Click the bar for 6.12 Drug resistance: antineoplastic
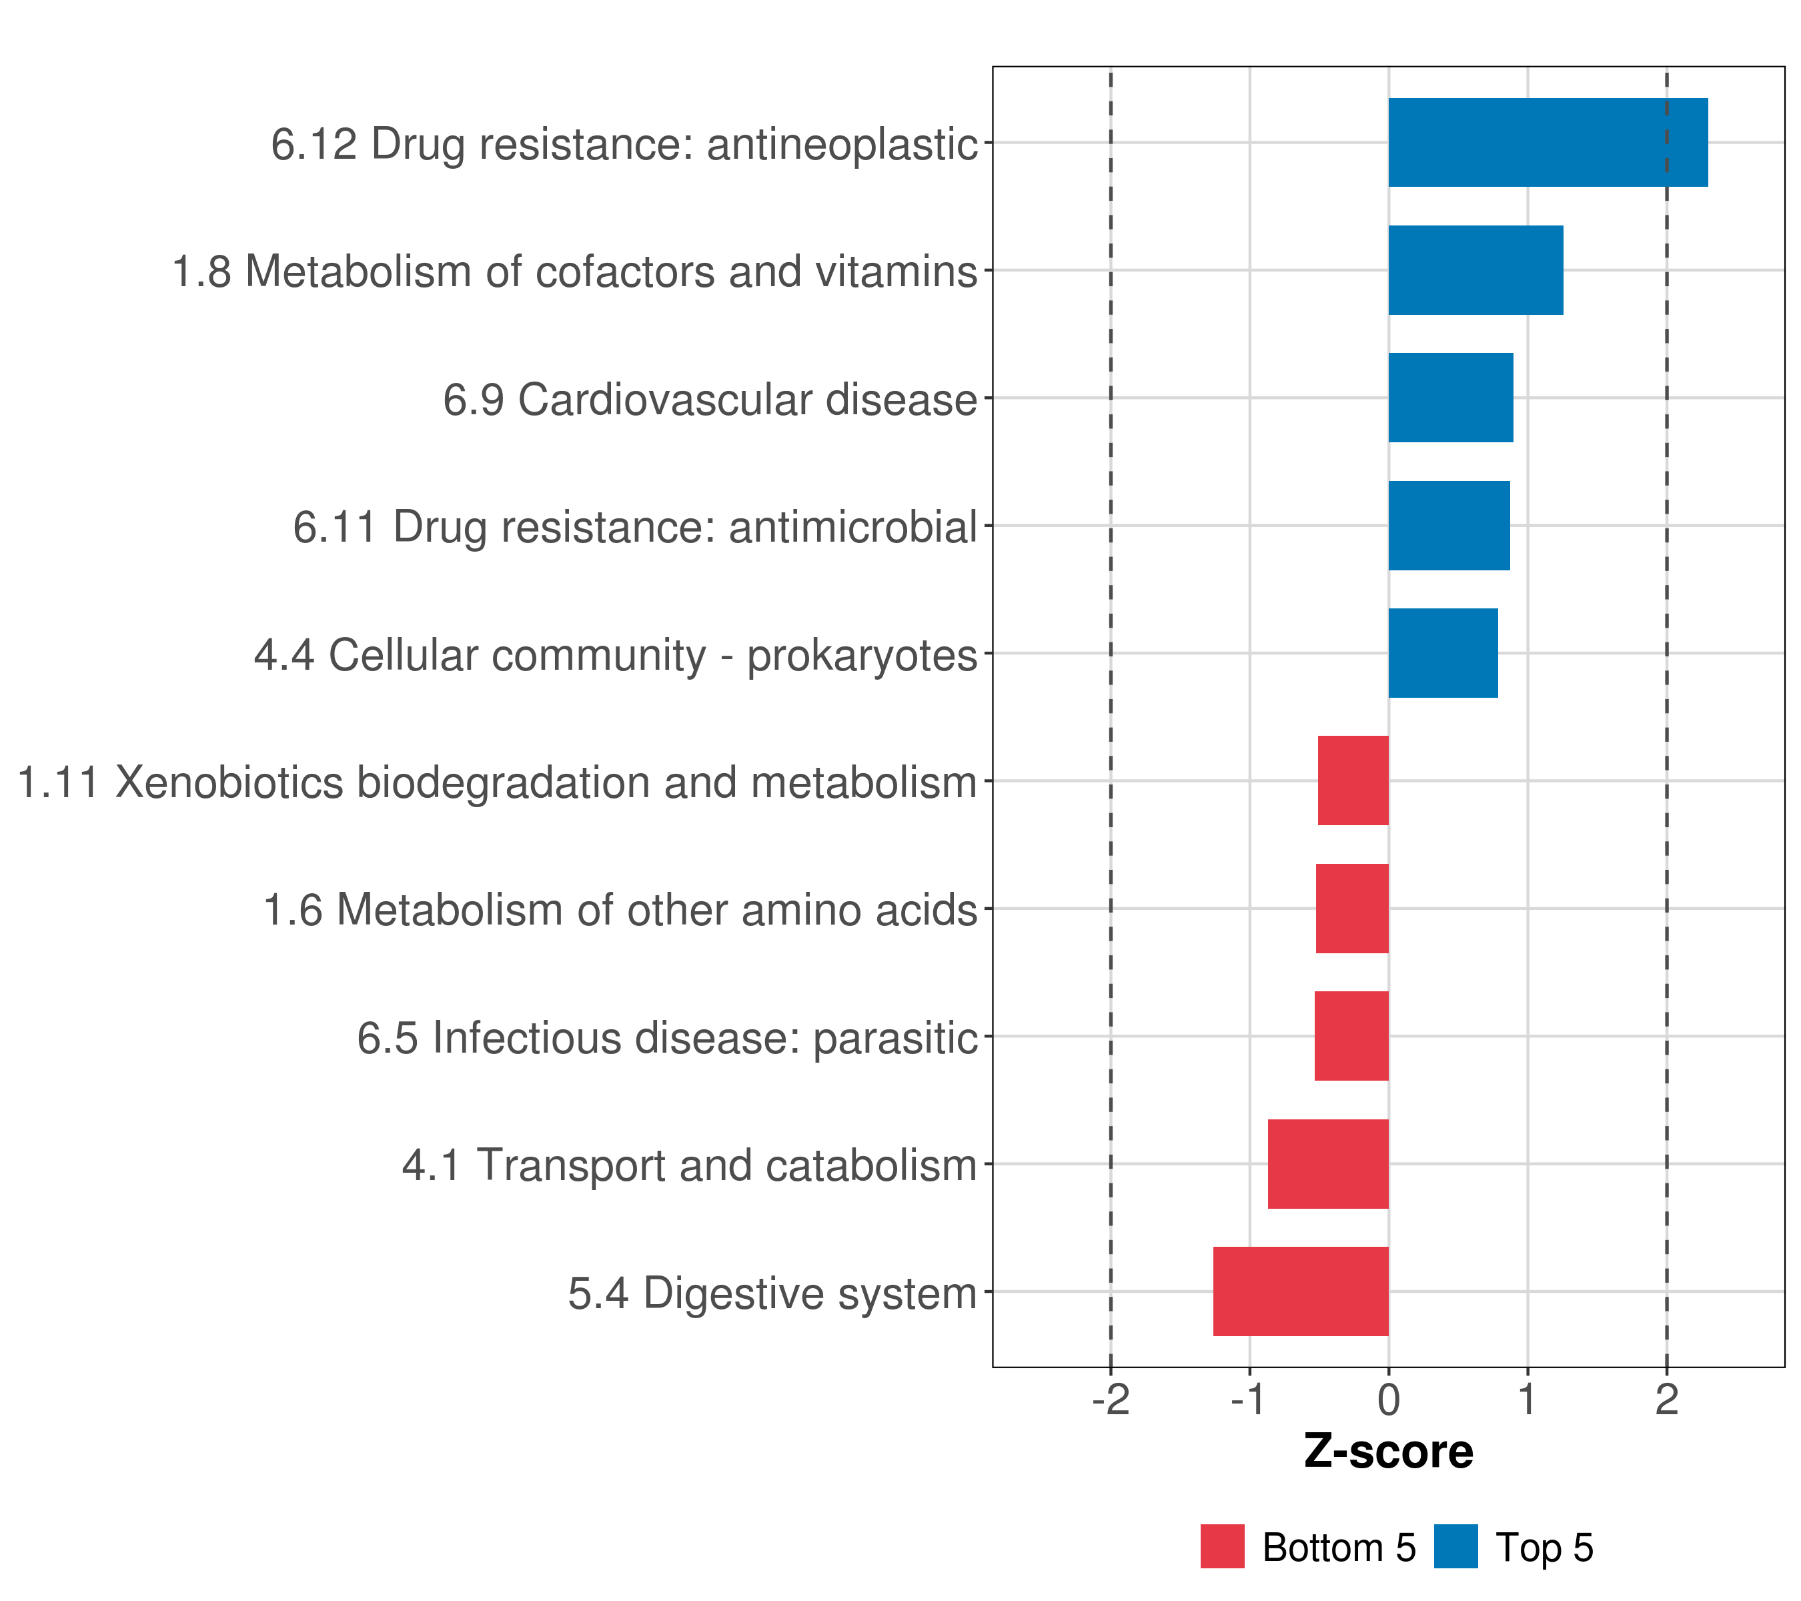click(x=1548, y=143)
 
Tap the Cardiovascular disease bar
click(x=1450, y=398)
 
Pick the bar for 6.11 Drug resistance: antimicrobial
click(x=1449, y=526)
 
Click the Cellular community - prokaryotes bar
click(x=1442, y=653)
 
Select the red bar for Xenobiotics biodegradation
click(x=1353, y=780)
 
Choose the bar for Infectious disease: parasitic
click(x=1351, y=1036)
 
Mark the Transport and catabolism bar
click(x=1328, y=1164)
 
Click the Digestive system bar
click(x=1301, y=1291)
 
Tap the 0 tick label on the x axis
click(x=1389, y=1400)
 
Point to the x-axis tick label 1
click(x=1527, y=1400)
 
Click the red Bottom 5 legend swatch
click(x=1222, y=1547)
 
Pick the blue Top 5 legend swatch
click(x=1455, y=1547)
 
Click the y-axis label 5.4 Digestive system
click(x=772, y=1293)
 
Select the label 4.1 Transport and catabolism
click(x=689, y=1165)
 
